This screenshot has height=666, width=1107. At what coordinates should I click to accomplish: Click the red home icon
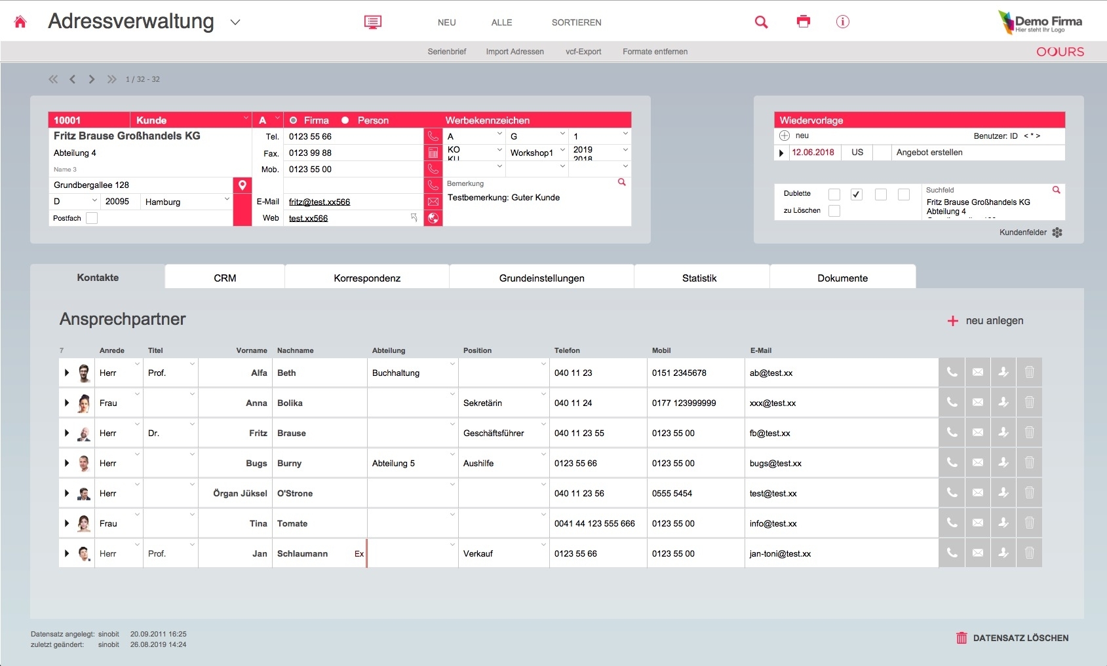click(20, 22)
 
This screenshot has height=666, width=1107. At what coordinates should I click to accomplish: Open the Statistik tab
click(699, 278)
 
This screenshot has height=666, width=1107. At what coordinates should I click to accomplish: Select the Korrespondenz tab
click(367, 278)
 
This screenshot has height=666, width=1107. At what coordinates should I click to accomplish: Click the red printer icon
click(804, 22)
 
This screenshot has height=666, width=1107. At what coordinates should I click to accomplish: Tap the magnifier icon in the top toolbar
click(761, 22)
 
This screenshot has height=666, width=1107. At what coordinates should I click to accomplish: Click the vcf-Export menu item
click(583, 52)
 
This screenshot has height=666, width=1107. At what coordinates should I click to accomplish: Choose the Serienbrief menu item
click(447, 52)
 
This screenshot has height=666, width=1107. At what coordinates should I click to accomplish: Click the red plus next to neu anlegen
click(953, 321)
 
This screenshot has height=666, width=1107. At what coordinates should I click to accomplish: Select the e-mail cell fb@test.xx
click(770, 434)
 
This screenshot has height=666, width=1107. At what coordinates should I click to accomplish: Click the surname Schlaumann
click(302, 554)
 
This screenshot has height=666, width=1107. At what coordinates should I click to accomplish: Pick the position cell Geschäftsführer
click(494, 434)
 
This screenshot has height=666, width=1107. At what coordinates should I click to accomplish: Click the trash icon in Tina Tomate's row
click(1029, 523)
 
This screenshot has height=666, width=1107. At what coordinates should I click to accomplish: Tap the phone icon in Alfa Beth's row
click(952, 373)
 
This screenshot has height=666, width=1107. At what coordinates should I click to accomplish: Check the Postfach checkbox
click(92, 218)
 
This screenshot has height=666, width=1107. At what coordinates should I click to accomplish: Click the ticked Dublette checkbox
click(857, 194)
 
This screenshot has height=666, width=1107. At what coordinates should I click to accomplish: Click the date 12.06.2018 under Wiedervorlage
click(813, 153)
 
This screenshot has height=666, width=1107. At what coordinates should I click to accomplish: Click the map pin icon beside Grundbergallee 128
click(243, 185)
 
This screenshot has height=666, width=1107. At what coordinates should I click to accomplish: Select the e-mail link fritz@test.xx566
click(319, 202)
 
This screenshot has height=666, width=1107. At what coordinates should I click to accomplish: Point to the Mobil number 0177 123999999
click(684, 403)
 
